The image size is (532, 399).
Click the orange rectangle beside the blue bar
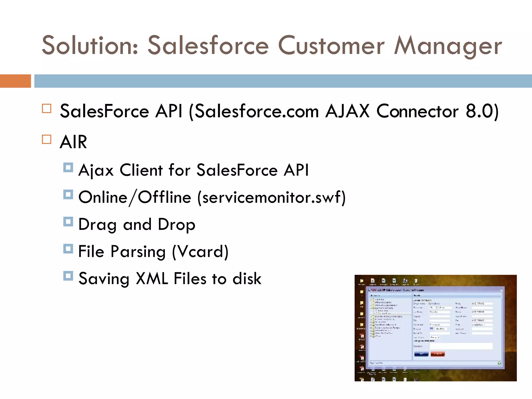pyautogui.click(x=15, y=81)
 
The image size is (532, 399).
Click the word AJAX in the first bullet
pyautogui.click(x=347, y=111)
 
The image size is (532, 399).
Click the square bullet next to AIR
pyautogui.click(x=47, y=139)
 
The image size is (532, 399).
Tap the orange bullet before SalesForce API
pyautogui.click(x=47, y=108)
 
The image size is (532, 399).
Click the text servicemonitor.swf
pyautogui.click(x=271, y=197)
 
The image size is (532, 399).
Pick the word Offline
pyautogui.click(x=164, y=197)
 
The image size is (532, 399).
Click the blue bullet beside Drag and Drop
pyautogui.click(x=68, y=222)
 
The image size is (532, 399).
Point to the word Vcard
pyautogui.click(x=200, y=251)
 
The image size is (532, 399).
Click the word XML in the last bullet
pyautogui.click(x=152, y=279)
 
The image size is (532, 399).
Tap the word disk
pyautogui.click(x=247, y=279)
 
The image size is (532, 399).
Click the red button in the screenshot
pyautogui.click(x=438, y=354)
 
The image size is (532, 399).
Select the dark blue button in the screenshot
pyautogui.click(x=421, y=354)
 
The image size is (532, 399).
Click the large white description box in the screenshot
pyautogui.click(x=461, y=346)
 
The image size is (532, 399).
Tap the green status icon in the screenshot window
pyautogui.click(x=499, y=363)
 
